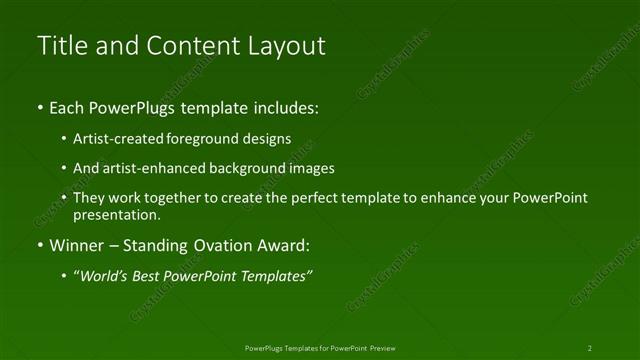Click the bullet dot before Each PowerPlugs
point(39,108)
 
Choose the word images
point(309,169)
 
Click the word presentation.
point(116,214)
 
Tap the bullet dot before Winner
point(39,246)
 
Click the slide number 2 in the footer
point(590,348)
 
